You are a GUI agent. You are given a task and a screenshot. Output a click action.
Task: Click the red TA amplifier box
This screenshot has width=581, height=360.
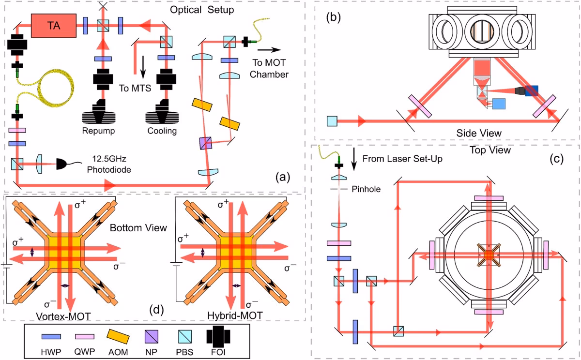pyautogui.click(x=54, y=26)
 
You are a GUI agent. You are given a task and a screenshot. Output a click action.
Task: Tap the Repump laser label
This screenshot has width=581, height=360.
pyautogui.click(x=98, y=131)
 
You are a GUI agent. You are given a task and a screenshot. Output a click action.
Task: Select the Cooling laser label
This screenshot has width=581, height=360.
pyautogui.click(x=162, y=131)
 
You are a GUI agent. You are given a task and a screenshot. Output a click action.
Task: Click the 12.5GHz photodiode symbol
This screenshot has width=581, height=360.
pyautogui.click(x=61, y=164)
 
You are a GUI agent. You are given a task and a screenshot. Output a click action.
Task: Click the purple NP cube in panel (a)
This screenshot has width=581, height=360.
pyautogui.click(x=206, y=143)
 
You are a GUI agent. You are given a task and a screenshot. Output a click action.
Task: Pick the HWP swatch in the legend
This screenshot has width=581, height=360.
pyautogui.click(x=51, y=336)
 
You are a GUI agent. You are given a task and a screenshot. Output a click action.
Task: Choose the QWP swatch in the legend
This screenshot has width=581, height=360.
pyautogui.click(x=85, y=336)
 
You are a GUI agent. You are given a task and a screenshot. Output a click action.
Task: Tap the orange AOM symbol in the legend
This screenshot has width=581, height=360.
pyautogui.click(x=118, y=337)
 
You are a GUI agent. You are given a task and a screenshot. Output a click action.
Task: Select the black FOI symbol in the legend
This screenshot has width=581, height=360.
pyautogui.click(x=218, y=337)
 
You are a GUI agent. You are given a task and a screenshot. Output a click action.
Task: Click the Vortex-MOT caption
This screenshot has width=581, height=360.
pyautogui.click(x=63, y=316)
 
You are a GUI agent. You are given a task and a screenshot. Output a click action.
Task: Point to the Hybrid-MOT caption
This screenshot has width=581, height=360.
pyautogui.click(x=235, y=315)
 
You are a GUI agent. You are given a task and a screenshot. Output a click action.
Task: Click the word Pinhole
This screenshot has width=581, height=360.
pyautogui.click(x=366, y=189)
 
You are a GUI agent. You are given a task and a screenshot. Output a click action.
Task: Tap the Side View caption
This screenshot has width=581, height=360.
pyautogui.click(x=479, y=133)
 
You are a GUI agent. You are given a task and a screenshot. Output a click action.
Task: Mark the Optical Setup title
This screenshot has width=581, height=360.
pyautogui.click(x=202, y=10)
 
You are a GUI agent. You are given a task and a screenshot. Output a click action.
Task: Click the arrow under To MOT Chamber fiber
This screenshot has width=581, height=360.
pyautogui.click(x=269, y=50)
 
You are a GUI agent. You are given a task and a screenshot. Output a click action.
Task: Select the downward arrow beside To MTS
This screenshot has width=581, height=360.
pyautogui.click(x=143, y=67)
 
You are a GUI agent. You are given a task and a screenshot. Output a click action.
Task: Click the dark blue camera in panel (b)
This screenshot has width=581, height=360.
pyautogui.click(x=531, y=90)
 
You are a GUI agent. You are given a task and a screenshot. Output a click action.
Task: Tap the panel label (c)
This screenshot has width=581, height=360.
pyautogui.click(x=557, y=159)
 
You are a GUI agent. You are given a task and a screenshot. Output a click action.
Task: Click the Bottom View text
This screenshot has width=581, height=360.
pyautogui.click(x=138, y=228)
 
